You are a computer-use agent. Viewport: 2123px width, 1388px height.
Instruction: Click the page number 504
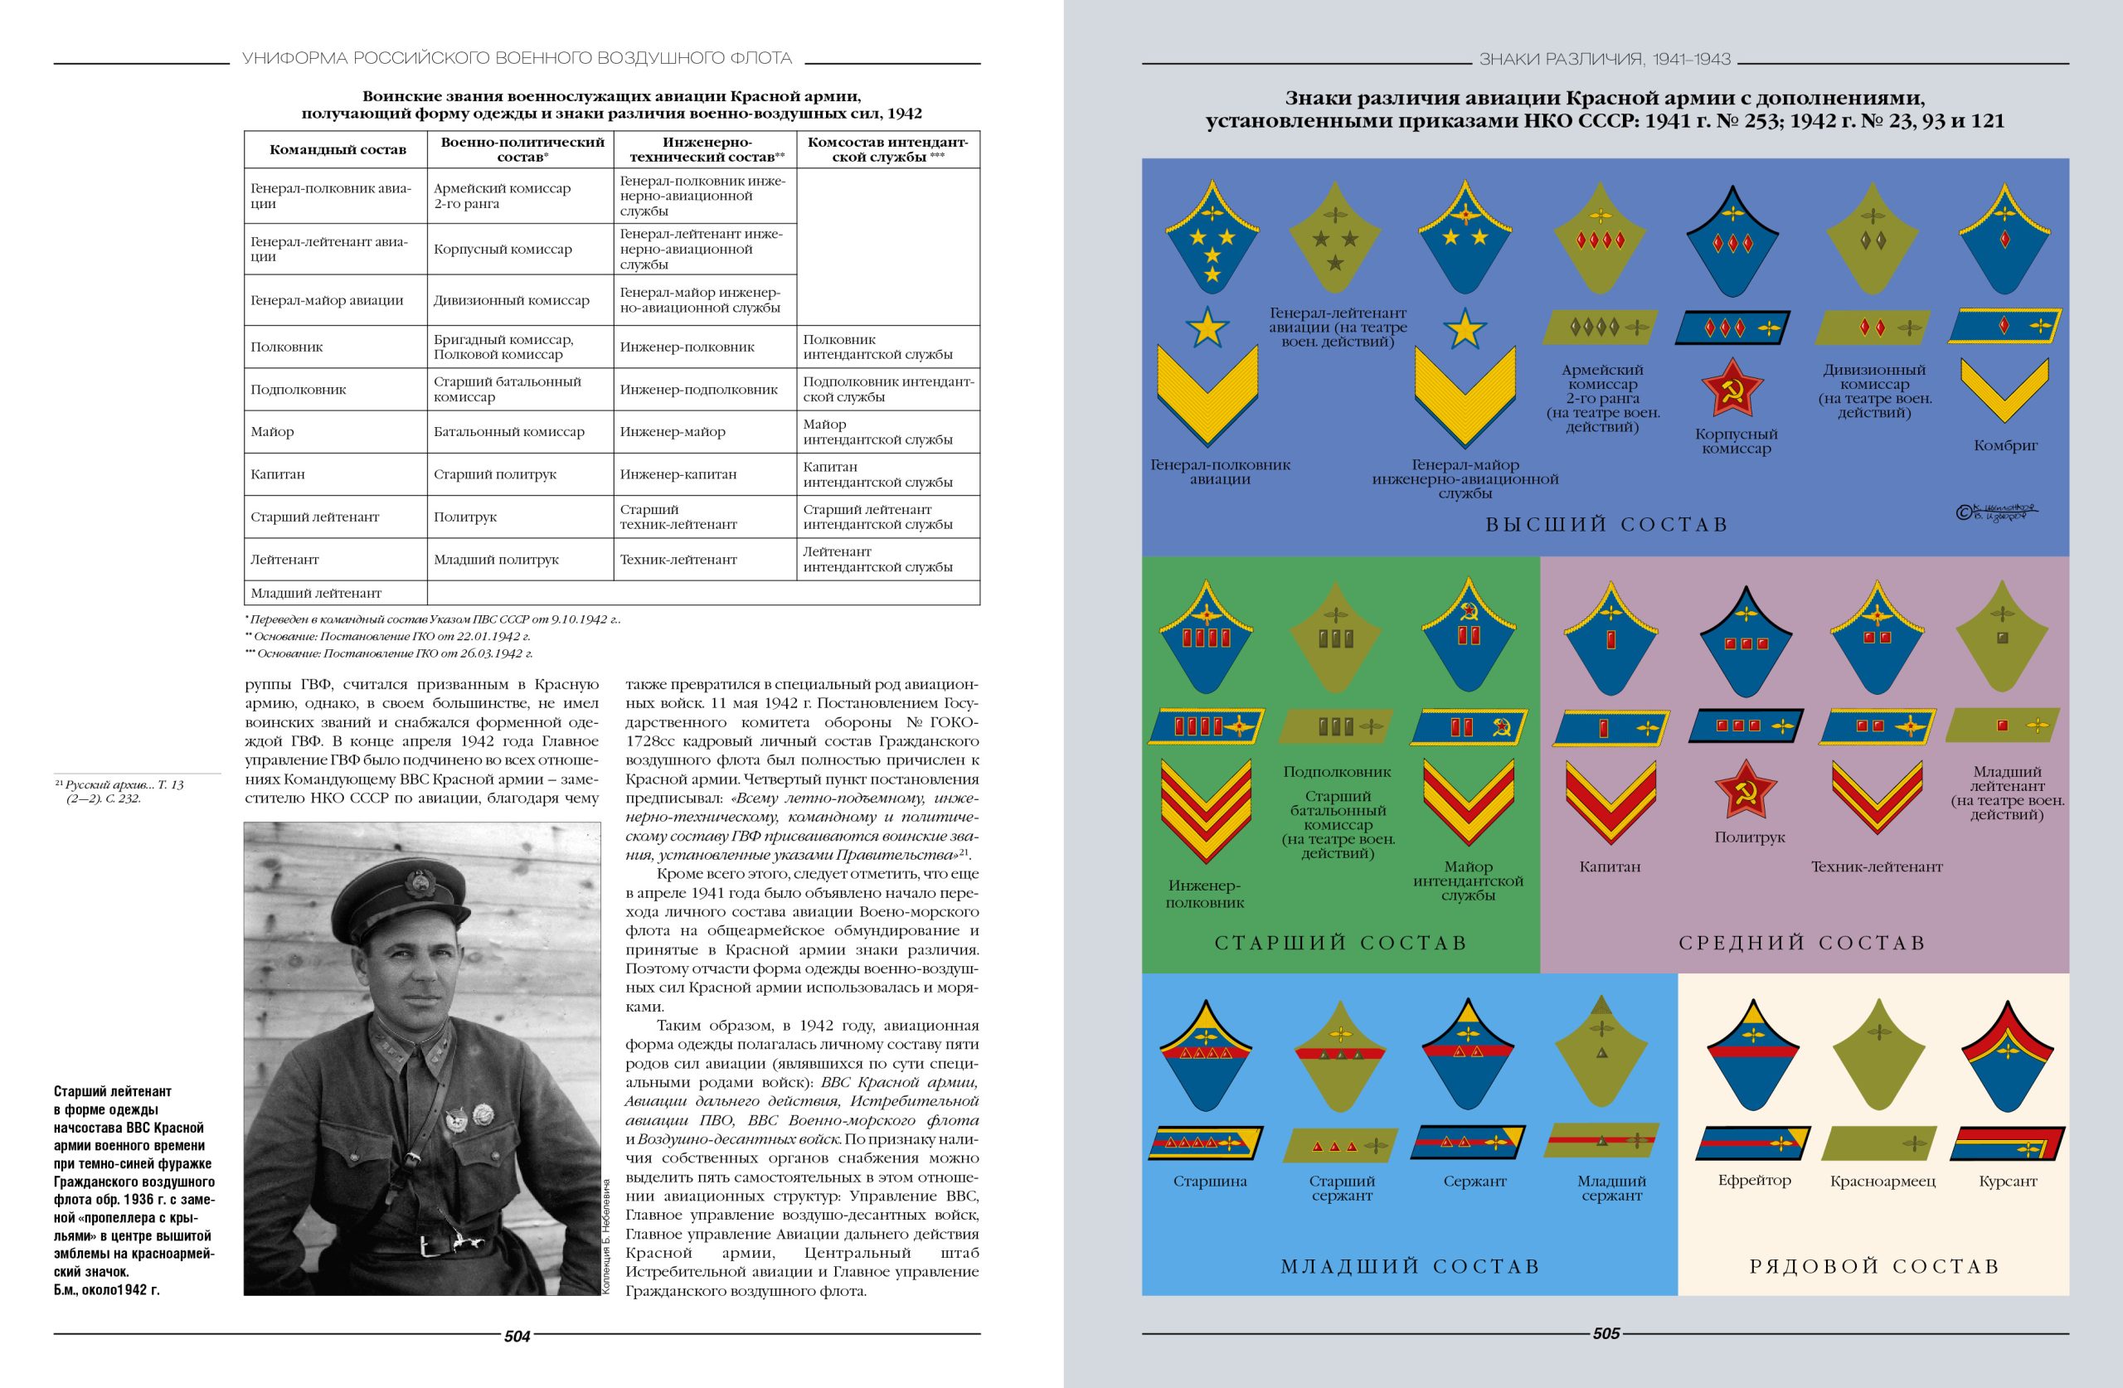[x=517, y=1336]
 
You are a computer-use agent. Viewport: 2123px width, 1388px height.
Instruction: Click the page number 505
[x=1606, y=1333]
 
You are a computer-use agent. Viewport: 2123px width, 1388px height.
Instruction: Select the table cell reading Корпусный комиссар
[x=503, y=249]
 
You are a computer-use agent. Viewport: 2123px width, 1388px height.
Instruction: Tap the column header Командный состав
[x=338, y=150]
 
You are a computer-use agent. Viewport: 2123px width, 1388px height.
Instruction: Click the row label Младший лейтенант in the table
[x=316, y=593]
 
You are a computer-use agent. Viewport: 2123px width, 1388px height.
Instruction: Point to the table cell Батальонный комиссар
[x=508, y=432]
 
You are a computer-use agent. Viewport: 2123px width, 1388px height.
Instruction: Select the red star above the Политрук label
[x=1746, y=789]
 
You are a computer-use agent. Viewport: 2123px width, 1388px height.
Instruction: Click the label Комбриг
[x=2005, y=445]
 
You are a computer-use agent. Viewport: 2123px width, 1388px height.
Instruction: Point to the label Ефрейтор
[x=1754, y=1180]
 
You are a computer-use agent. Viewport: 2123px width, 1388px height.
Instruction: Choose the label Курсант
[x=2007, y=1181]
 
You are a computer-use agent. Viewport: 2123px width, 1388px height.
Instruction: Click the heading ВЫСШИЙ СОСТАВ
[x=1606, y=525]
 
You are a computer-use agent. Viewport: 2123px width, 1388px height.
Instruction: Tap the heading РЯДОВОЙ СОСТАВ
[x=1874, y=1267]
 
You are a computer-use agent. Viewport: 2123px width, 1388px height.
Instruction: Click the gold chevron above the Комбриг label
[x=2004, y=391]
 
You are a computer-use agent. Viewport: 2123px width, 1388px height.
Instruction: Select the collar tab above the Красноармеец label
[x=1879, y=1061]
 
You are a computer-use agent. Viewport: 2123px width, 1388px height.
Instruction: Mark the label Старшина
[x=1210, y=1181]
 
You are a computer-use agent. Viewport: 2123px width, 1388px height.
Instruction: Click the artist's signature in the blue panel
[x=1996, y=512]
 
